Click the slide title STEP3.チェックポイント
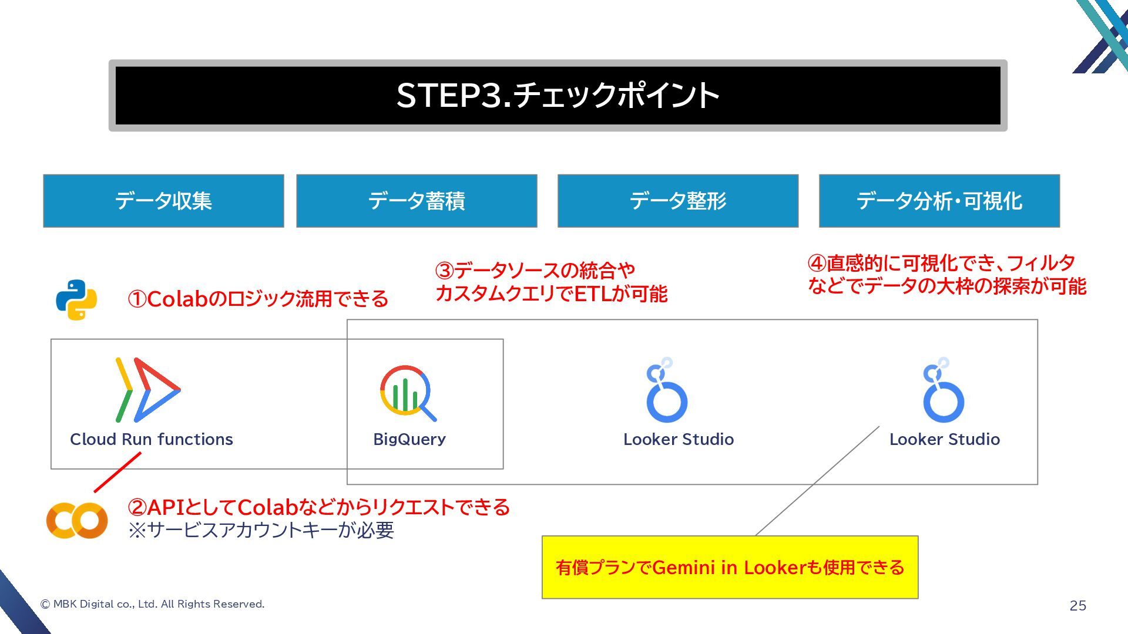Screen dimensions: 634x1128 click(558, 95)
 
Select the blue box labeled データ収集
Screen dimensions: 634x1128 click(163, 201)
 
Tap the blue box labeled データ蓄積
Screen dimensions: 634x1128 click(417, 201)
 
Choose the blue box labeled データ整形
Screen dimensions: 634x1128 click(678, 201)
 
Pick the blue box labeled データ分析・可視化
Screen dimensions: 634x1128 click(939, 201)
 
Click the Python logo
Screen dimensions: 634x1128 click(76, 299)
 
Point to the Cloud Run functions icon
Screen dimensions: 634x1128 click(147, 390)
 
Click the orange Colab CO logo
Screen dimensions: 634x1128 click(77, 520)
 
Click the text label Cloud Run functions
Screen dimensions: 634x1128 click(152, 439)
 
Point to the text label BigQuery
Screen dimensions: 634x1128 click(409, 439)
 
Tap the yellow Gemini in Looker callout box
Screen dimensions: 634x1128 click(730, 567)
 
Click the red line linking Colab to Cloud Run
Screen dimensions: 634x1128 click(117, 472)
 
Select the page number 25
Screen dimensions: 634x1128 click(1077, 606)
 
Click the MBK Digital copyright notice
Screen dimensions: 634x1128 click(152, 604)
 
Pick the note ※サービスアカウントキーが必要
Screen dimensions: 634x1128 click(261, 530)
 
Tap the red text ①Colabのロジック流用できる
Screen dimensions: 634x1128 click(258, 299)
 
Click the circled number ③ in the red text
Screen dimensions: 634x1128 click(445, 271)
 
